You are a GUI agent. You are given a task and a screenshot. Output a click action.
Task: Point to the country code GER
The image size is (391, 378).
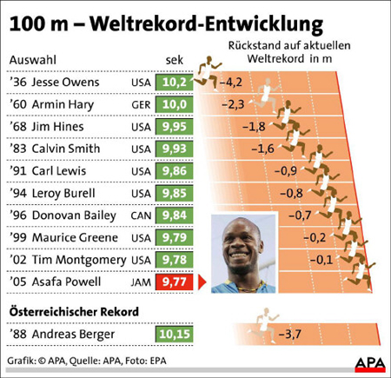click(141, 105)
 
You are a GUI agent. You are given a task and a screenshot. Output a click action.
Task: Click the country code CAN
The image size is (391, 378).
click(141, 215)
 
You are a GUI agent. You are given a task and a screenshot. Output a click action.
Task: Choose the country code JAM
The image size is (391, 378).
click(141, 282)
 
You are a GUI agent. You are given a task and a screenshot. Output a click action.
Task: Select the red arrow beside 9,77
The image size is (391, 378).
click(199, 282)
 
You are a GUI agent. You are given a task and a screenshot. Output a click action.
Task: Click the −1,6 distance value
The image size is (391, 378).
click(262, 149)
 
